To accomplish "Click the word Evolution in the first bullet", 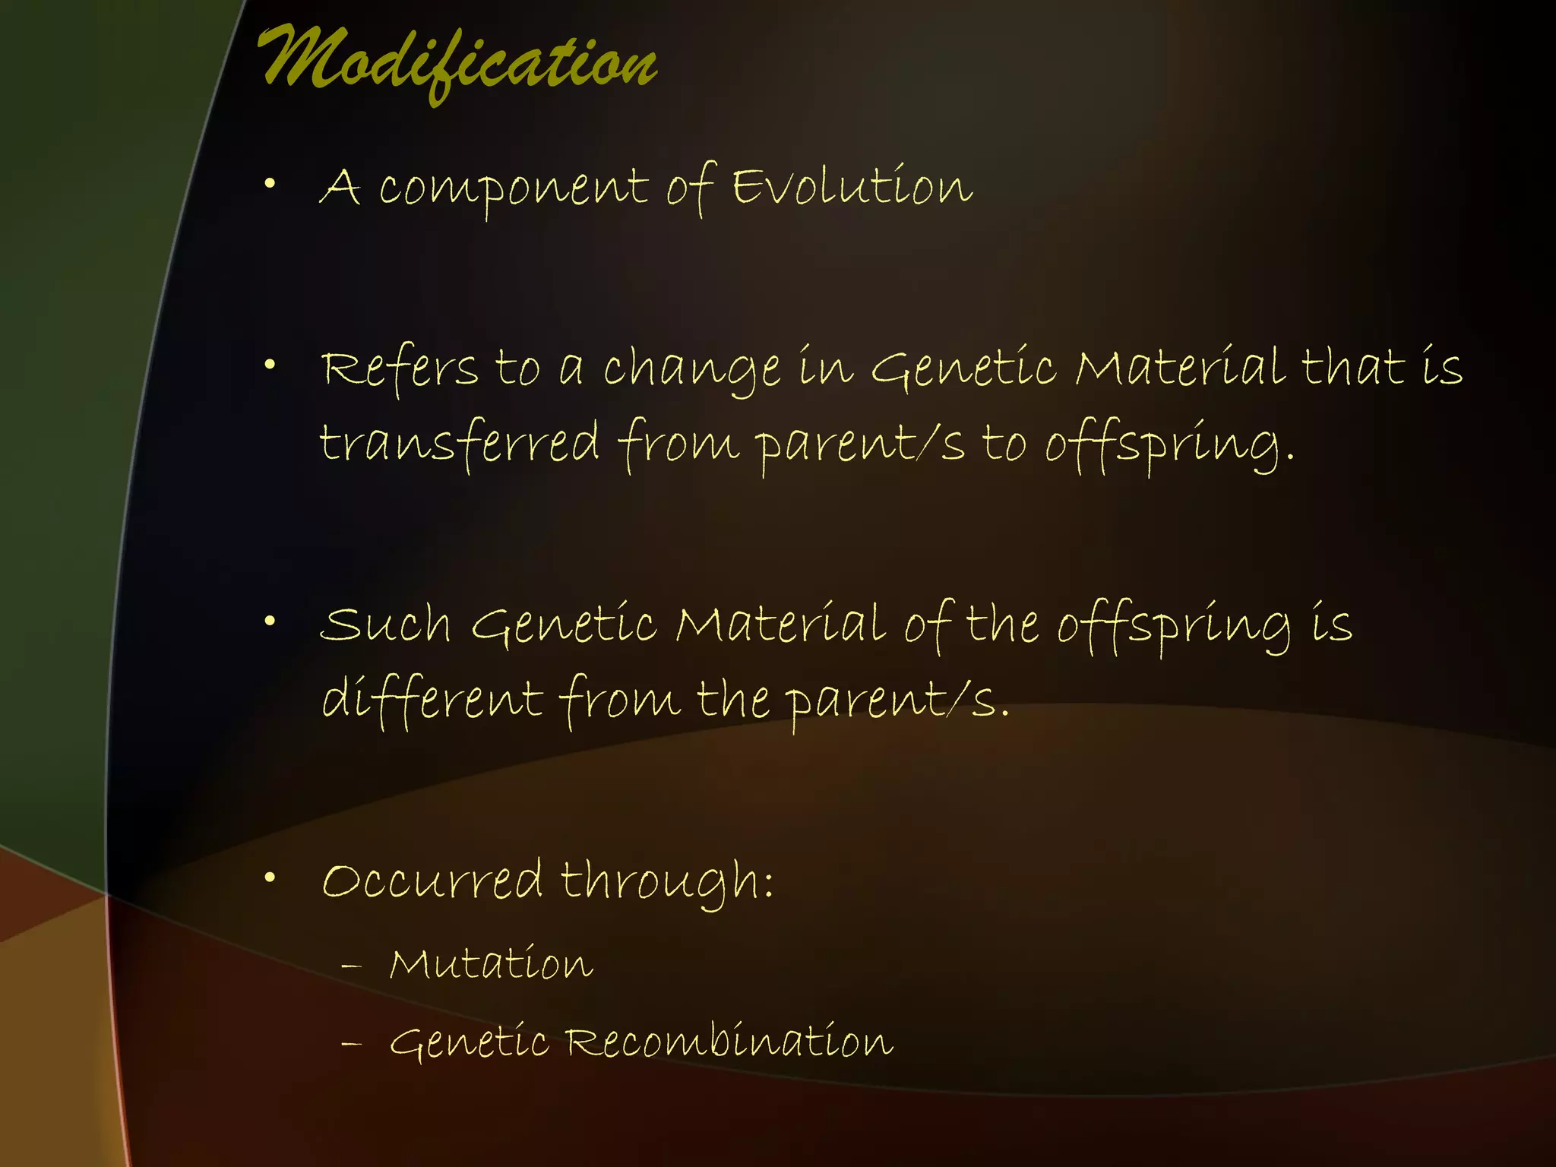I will click(852, 187).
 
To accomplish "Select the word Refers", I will click(400, 368).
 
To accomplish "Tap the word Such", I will click(386, 625).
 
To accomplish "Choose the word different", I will click(432, 698).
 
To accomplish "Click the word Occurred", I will click(432, 881).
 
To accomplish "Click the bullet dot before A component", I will click(270, 182).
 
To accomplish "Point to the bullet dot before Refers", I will click(270, 365).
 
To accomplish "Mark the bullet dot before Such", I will click(270, 621).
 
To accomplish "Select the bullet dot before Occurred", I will click(270, 878).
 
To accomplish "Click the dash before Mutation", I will click(351, 966).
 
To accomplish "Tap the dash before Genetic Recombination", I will click(351, 1044).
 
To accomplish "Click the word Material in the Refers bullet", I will click(1180, 368).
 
